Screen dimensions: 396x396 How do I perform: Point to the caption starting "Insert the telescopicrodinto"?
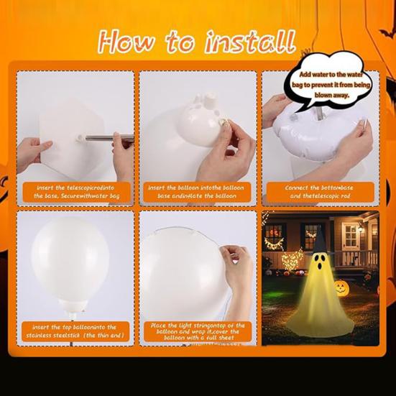pyautogui.click(x=75, y=192)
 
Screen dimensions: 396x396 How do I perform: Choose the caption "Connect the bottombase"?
pyautogui.click(x=318, y=192)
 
